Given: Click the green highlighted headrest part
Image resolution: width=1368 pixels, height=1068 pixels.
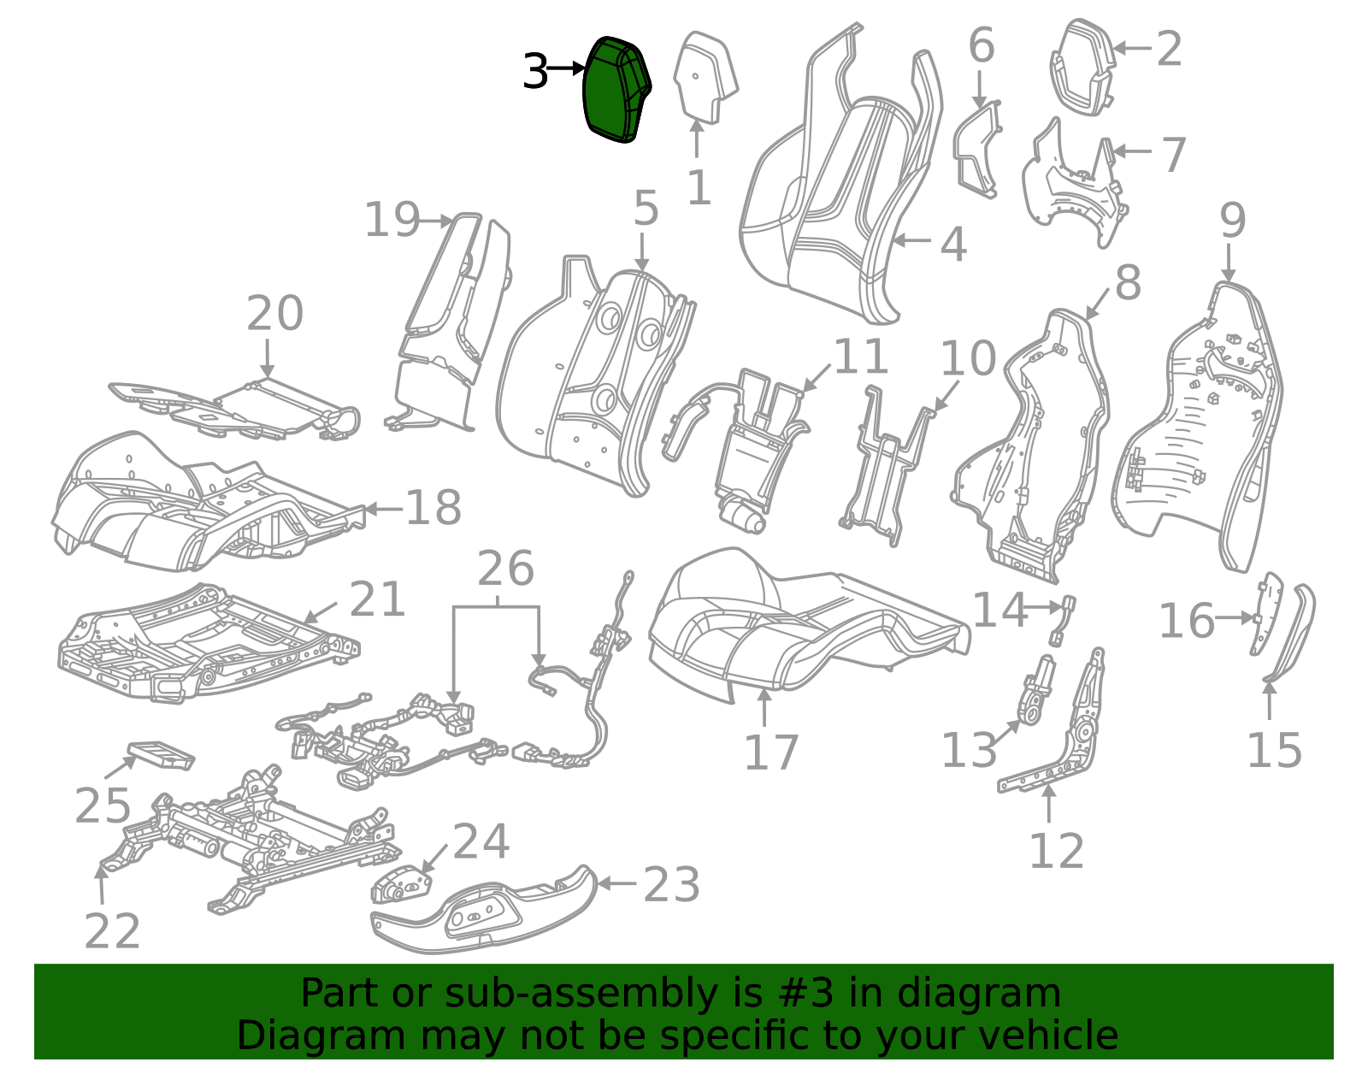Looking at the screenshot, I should [x=614, y=90].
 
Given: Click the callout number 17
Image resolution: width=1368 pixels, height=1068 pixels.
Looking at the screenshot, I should [x=770, y=753].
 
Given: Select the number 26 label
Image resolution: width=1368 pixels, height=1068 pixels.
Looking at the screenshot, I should [x=505, y=569].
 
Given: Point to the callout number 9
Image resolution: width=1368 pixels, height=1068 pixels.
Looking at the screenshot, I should [x=1232, y=221].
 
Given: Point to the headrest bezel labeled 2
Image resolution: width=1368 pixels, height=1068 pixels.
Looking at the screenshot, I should [x=1082, y=67].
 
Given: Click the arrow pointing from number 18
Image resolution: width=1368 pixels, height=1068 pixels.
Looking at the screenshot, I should [x=382, y=509].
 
